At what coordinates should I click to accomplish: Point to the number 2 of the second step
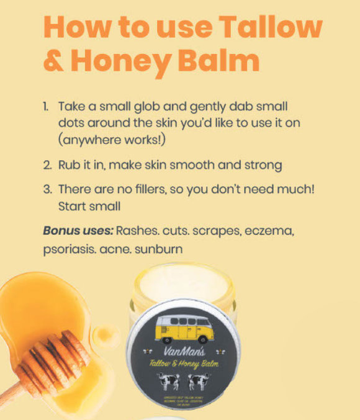[x=47, y=166]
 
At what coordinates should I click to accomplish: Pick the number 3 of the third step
[x=47, y=189]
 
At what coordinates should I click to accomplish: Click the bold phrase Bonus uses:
[x=78, y=231]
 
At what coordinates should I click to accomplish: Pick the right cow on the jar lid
[x=199, y=383]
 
